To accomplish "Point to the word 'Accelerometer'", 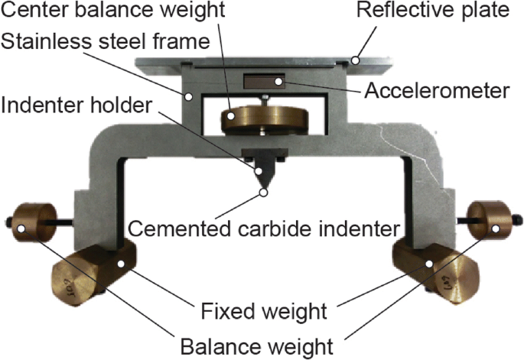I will pyautogui.click(x=436, y=91).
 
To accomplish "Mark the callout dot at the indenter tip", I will pyautogui.click(x=264, y=192).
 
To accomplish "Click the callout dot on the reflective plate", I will pyautogui.click(x=355, y=57).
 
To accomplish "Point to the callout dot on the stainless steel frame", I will pyautogui.click(x=187, y=96).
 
